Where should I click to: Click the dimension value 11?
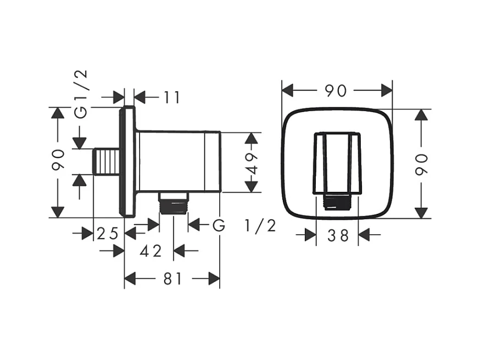coord(172,97)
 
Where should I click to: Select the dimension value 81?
coord(172,279)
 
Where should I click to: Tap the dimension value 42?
coord(150,251)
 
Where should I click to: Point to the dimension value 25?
coord(108,234)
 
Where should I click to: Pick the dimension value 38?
coord(338,236)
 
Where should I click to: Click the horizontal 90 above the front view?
coord(336,91)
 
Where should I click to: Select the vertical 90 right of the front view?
coord(422,164)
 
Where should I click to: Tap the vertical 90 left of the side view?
coord(58,159)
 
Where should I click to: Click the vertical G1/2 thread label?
coord(81,94)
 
